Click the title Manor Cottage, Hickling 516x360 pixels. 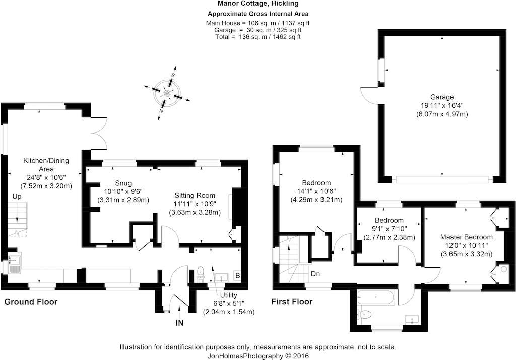(258, 4)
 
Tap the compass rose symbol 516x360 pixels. (167, 93)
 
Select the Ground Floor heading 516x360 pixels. (31, 302)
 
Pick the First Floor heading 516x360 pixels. (292, 301)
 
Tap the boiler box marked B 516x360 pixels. (238, 276)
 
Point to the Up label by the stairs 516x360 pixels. (17, 197)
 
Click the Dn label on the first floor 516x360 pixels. (315, 274)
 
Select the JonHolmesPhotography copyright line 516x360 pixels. (258, 356)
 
